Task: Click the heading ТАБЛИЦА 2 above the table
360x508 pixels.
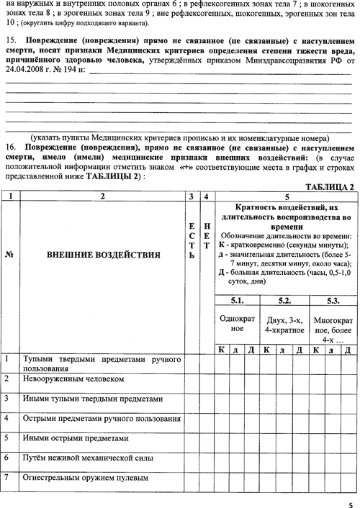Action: [330, 187]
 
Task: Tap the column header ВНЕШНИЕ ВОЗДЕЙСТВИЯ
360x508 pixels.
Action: [104, 255]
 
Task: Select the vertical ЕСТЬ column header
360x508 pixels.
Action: [192, 241]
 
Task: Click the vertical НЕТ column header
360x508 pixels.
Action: [207, 236]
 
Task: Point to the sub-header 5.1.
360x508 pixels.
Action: [237, 301]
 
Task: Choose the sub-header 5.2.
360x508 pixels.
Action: [284, 301]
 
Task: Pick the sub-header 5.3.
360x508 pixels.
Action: [333, 301]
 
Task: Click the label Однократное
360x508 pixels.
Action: [237, 323]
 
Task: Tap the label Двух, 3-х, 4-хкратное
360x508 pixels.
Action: [284, 325]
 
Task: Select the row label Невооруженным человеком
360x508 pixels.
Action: [73, 379]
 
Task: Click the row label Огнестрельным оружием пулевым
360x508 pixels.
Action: [86, 478]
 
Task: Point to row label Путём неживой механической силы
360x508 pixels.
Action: [88, 458]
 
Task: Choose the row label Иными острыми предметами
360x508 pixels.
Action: [76, 438]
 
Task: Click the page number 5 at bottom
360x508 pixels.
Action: [351, 504]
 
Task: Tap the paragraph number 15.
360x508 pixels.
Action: [10, 40]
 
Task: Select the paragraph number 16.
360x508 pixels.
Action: [10, 148]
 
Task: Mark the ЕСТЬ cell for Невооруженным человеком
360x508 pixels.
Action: [192, 384]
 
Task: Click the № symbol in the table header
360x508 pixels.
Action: [9, 255]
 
